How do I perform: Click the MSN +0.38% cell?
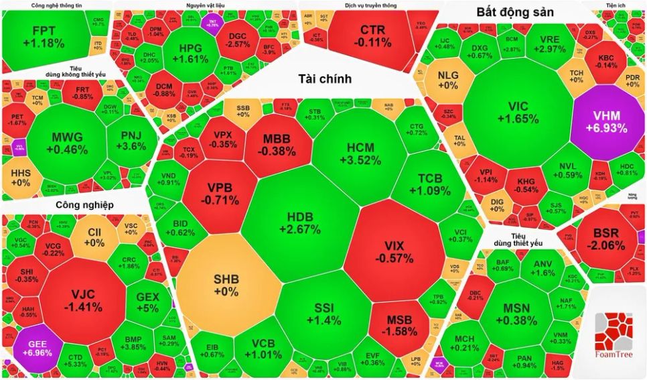click(x=516, y=313)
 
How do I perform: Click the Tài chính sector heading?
click(x=325, y=79)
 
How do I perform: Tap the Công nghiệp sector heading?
click(x=84, y=204)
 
